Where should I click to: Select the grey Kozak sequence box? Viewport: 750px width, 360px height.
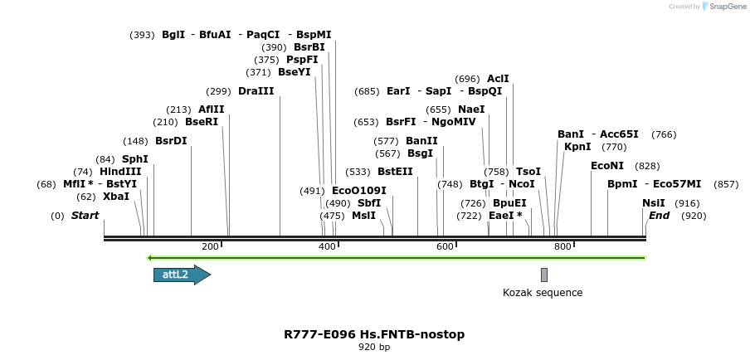(544, 275)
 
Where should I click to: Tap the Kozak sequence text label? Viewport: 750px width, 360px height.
(543, 293)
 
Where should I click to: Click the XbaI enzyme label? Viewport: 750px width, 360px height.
(116, 197)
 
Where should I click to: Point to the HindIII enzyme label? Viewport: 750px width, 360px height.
(120, 172)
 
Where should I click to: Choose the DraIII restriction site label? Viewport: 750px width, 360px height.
(256, 91)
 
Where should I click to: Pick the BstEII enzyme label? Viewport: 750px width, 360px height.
(395, 172)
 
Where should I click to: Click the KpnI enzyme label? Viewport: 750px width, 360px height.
(577, 147)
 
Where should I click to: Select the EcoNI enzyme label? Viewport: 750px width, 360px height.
(607, 166)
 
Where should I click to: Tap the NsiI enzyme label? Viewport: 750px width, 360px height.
(654, 203)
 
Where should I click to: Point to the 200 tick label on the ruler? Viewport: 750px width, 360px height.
(210, 246)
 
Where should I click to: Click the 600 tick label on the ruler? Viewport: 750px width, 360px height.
(445, 246)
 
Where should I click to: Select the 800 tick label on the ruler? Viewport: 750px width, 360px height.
(562, 246)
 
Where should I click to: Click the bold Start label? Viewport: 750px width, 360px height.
(85, 216)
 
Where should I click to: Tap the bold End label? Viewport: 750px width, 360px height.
(659, 216)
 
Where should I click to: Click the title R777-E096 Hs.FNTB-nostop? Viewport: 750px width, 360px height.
(374, 335)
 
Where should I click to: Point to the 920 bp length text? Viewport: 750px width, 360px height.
(374, 348)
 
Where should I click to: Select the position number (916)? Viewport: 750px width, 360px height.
(687, 203)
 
